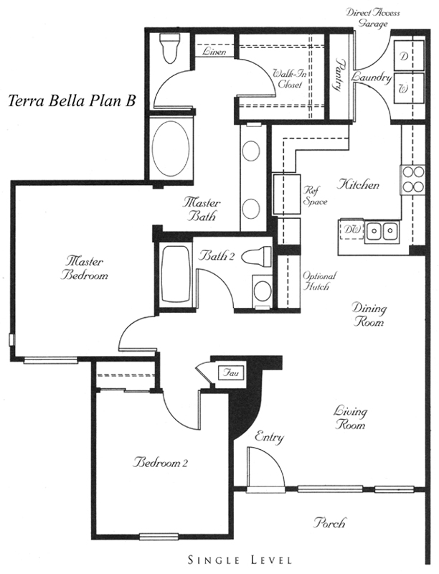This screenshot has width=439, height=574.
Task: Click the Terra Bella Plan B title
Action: click(x=72, y=100)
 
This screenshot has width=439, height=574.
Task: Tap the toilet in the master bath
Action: click(x=171, y=48)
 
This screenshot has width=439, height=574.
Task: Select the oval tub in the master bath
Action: click(x=171, y=149)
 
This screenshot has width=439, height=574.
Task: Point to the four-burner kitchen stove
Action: click(x=412, y=180)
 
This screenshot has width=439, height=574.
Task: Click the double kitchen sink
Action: click(x=382, y=231)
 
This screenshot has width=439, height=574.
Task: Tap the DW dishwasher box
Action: click(x=351, y=230)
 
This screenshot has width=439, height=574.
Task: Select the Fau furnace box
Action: click(x=231, y=373)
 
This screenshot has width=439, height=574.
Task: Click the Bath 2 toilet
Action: click(x=258, y=256)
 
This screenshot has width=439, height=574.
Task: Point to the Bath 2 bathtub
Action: click(x=175, y=273)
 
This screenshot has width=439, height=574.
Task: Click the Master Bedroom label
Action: click(x=84, y=268)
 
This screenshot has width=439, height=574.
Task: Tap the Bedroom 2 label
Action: click(x=160, y=463)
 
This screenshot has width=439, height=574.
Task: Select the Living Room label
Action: click(x=350, y=418)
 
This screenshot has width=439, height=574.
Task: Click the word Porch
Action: click(x=329, y=523)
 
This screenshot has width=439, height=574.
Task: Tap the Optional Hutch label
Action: click(x=319, y=281)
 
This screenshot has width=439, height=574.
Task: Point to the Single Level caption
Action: click(x=240, y=560)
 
